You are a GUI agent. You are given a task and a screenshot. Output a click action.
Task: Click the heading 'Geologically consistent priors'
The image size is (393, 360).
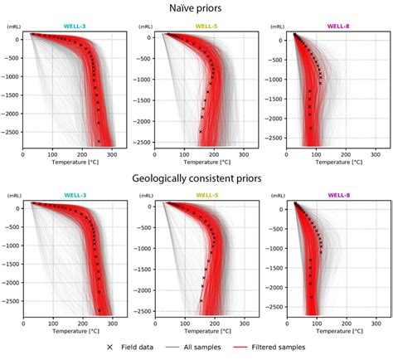(x=196, y=178)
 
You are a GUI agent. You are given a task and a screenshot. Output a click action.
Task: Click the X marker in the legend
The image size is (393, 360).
(x=114, y=348)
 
